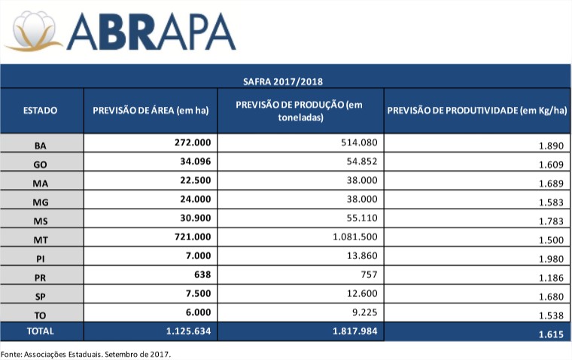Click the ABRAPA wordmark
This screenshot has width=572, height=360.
151,32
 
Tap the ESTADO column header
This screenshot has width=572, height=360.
41,111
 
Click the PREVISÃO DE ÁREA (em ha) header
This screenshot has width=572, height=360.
150,111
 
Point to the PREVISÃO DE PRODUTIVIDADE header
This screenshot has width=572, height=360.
476,111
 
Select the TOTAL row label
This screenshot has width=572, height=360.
41,331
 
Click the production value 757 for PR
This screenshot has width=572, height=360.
367,275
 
